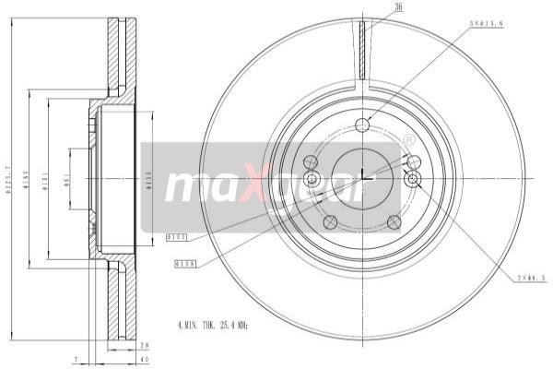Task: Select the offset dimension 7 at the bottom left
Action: (79, 358)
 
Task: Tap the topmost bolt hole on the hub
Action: (362, 125)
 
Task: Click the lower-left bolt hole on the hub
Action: (329, 221)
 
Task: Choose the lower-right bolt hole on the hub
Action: (394, 221)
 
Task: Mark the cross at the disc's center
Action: (362, 177)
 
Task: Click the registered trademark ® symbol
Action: (408, 139)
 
